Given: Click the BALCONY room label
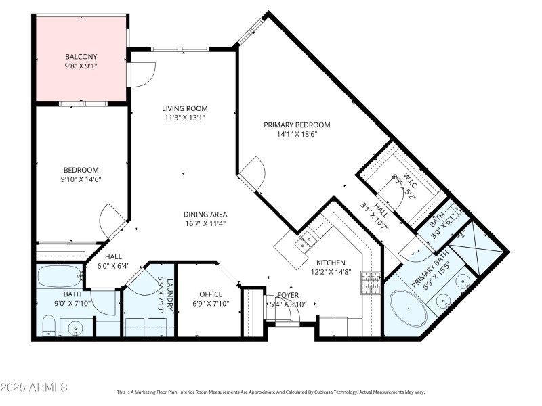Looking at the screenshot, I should pyautogui.click(x=81, y=56).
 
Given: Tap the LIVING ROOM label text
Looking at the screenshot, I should pyautogui.click(x=184, y=108).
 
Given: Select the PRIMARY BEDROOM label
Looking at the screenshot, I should pyautogui.click(x=297, y=125).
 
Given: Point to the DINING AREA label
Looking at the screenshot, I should pyautogui.click(x=204, y=215).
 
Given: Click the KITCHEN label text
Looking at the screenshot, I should pyautogui.click(x=331, y=263).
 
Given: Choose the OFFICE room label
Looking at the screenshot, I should pyautogui.click(x=211, y=294).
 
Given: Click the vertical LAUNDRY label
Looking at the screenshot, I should pyautogui.click(x=170, y=295).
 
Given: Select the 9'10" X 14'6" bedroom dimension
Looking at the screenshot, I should pyautogui.click(x=81, y=179).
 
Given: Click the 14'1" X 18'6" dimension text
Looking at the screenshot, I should pyautogui.click(x=297, y=134).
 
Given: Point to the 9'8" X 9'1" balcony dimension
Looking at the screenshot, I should pyautogui.click(x=81, y=66).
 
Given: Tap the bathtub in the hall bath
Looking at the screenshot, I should pyautogui.click(x=58, y=277).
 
